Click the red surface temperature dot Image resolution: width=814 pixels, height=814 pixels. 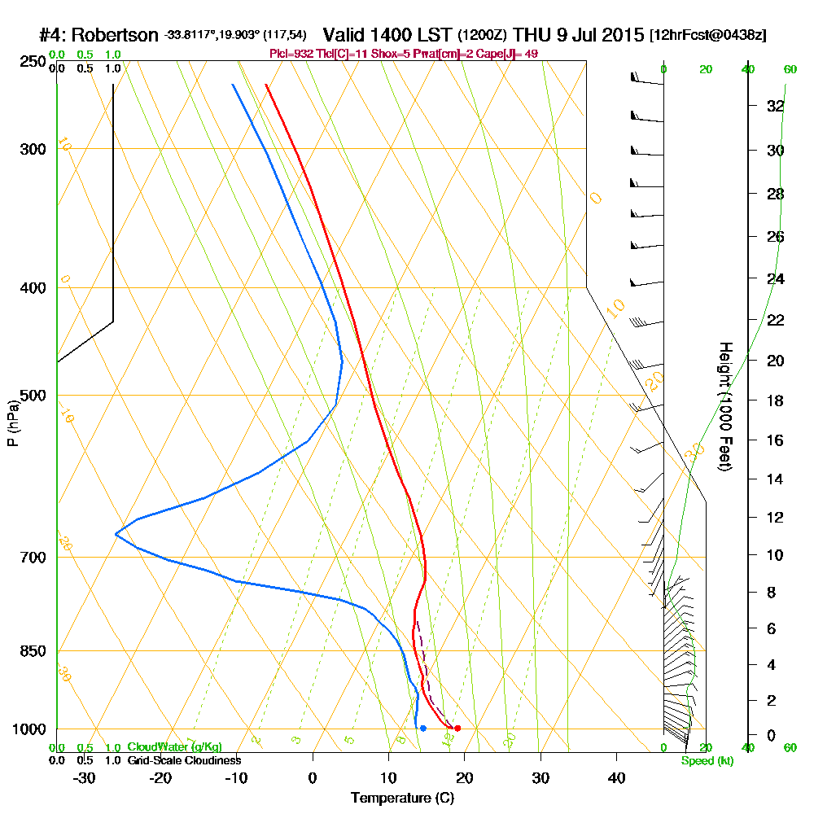[x=457, y=728]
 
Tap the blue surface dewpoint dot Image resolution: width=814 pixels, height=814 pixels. [x=423, y=728]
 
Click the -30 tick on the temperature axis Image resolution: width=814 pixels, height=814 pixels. [x=85, y=777]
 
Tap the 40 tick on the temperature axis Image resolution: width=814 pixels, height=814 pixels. [x=617, y=777]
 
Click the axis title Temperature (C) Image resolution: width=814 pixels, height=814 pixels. [x=402, y=799]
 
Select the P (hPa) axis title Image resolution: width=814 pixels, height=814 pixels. [x=13, y=422]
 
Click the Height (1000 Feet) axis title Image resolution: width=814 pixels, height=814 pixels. [x=724, y=406]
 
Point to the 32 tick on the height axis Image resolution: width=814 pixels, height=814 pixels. [x=775, y=106]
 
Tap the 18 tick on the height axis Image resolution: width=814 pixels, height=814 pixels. [x=775, y=400]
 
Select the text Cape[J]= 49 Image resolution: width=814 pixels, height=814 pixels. [x=508, y=54]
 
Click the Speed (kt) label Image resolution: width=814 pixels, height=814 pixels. [x=707, y=760]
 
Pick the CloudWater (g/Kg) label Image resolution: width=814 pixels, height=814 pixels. [x=174, y=746]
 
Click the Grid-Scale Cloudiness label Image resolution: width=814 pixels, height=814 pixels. [x=183, y=760]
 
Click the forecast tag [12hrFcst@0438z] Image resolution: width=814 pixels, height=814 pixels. [x=707, y=36]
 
